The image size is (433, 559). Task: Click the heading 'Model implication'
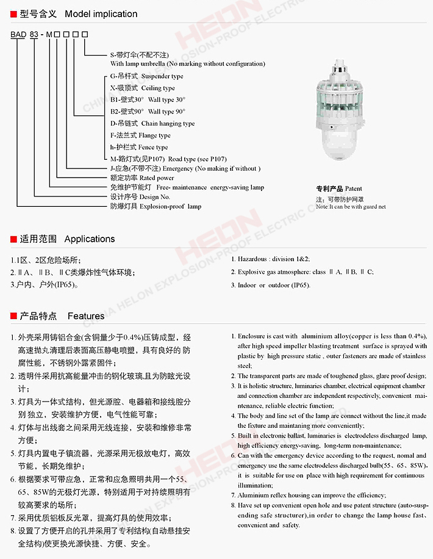[x=101, y=13]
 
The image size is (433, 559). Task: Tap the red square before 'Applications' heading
[x=13, y=239]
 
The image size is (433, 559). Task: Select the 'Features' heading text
[x=86, y=316]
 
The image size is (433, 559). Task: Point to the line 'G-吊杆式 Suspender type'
[x=146, y=76]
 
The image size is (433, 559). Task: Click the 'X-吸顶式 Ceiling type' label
[x=142, y=88]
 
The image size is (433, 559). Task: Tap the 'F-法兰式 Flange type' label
[x=140, y=135]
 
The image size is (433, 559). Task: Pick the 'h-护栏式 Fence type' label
[x=139, y=147]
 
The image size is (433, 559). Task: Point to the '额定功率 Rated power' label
[x=141, y=178]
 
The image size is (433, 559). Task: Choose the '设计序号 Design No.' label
[x=140, y=197]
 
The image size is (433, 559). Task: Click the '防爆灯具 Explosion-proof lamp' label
[x=156, y=206]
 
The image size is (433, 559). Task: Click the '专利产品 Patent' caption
[x=338, y=189]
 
